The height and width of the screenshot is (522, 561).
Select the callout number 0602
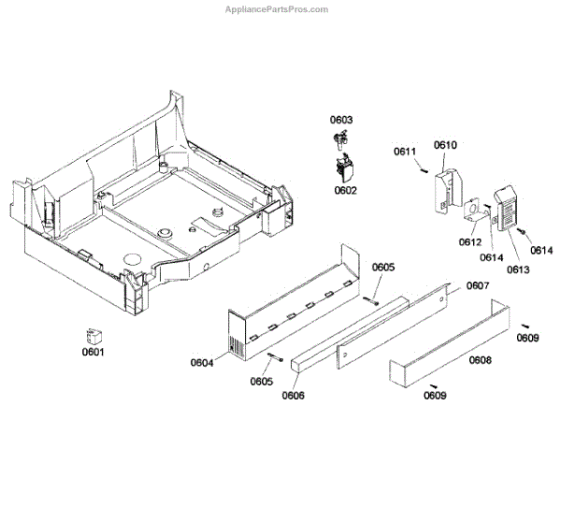coord(345,191)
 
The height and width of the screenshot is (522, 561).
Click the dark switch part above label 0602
coord(346,169)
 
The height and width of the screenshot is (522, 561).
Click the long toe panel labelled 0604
coord(290,299)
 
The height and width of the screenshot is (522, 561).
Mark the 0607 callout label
coord(478,285)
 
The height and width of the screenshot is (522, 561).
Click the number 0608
coord(481,359)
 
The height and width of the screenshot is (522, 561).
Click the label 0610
coord(445,145)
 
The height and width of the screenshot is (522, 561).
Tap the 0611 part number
coord(405,152)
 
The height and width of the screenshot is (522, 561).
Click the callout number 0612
coord(470,242)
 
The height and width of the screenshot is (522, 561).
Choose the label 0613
coord(518,269)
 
